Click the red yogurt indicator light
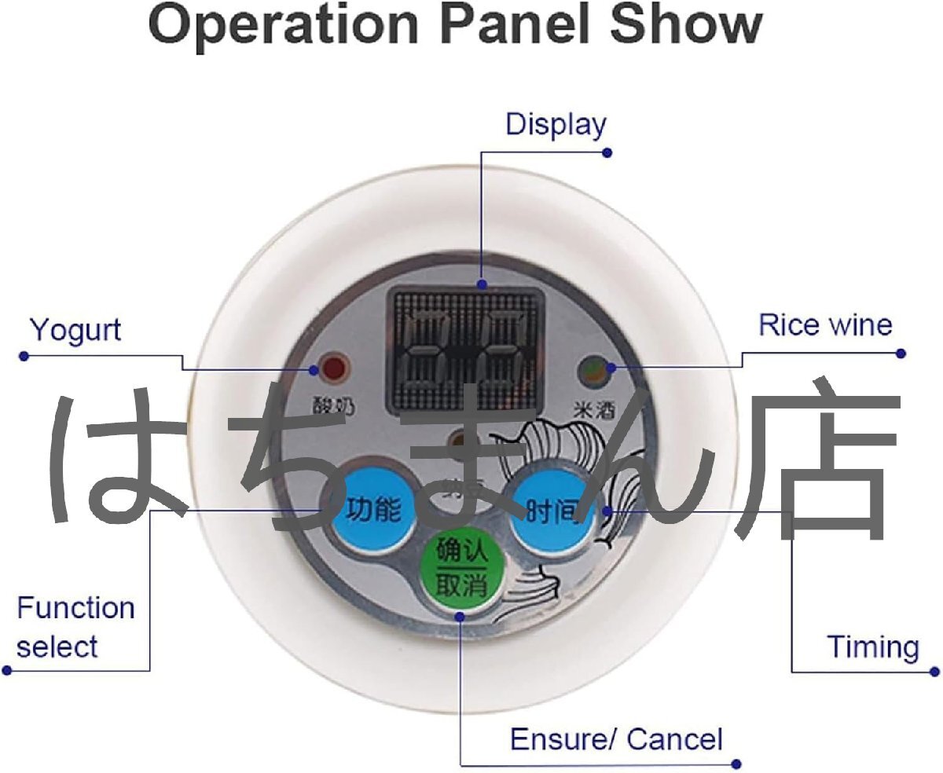click(332, 368)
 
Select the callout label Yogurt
click(75, 330)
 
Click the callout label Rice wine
click(825, 324)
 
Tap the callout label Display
click(556, 124)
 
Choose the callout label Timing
click(872, 647)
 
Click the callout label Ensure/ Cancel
click(616, 739)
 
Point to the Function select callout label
click(75, 628)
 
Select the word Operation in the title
click(284, 25)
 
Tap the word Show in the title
click(686, 25)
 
